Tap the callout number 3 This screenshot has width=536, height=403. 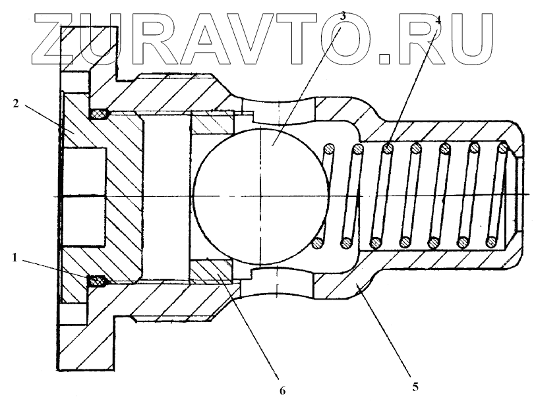pos(342,14)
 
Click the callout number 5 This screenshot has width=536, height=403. pos(415,385)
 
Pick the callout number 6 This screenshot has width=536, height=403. pos(282,390)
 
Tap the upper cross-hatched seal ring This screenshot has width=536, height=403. pos(100,114)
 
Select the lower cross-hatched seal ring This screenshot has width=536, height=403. pos(98,282)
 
